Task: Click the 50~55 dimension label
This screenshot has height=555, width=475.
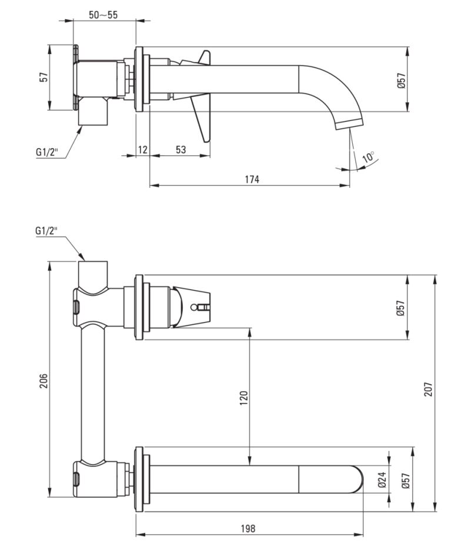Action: tap(103, 15)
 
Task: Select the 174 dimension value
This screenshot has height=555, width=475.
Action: tap(251, 179)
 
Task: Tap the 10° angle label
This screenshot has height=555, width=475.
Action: tap(369, 157)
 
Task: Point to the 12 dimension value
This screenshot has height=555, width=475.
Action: tap(142, 150)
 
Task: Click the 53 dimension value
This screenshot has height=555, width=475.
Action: tap(180, 150)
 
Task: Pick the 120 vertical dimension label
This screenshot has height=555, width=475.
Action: tap(244, 397)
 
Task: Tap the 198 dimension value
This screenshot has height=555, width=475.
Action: tap(248, 529)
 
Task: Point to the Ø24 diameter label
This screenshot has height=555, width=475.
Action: tap(382, 480)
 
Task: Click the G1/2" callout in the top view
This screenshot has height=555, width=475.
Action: tap(46, 153)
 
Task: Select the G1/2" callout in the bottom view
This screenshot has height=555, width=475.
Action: tap(47, 231)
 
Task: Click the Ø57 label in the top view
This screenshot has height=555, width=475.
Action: tap(401, 80)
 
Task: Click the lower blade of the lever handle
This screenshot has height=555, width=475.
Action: tap(201, 123)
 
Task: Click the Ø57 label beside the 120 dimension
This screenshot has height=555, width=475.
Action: tap(401, 308)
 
